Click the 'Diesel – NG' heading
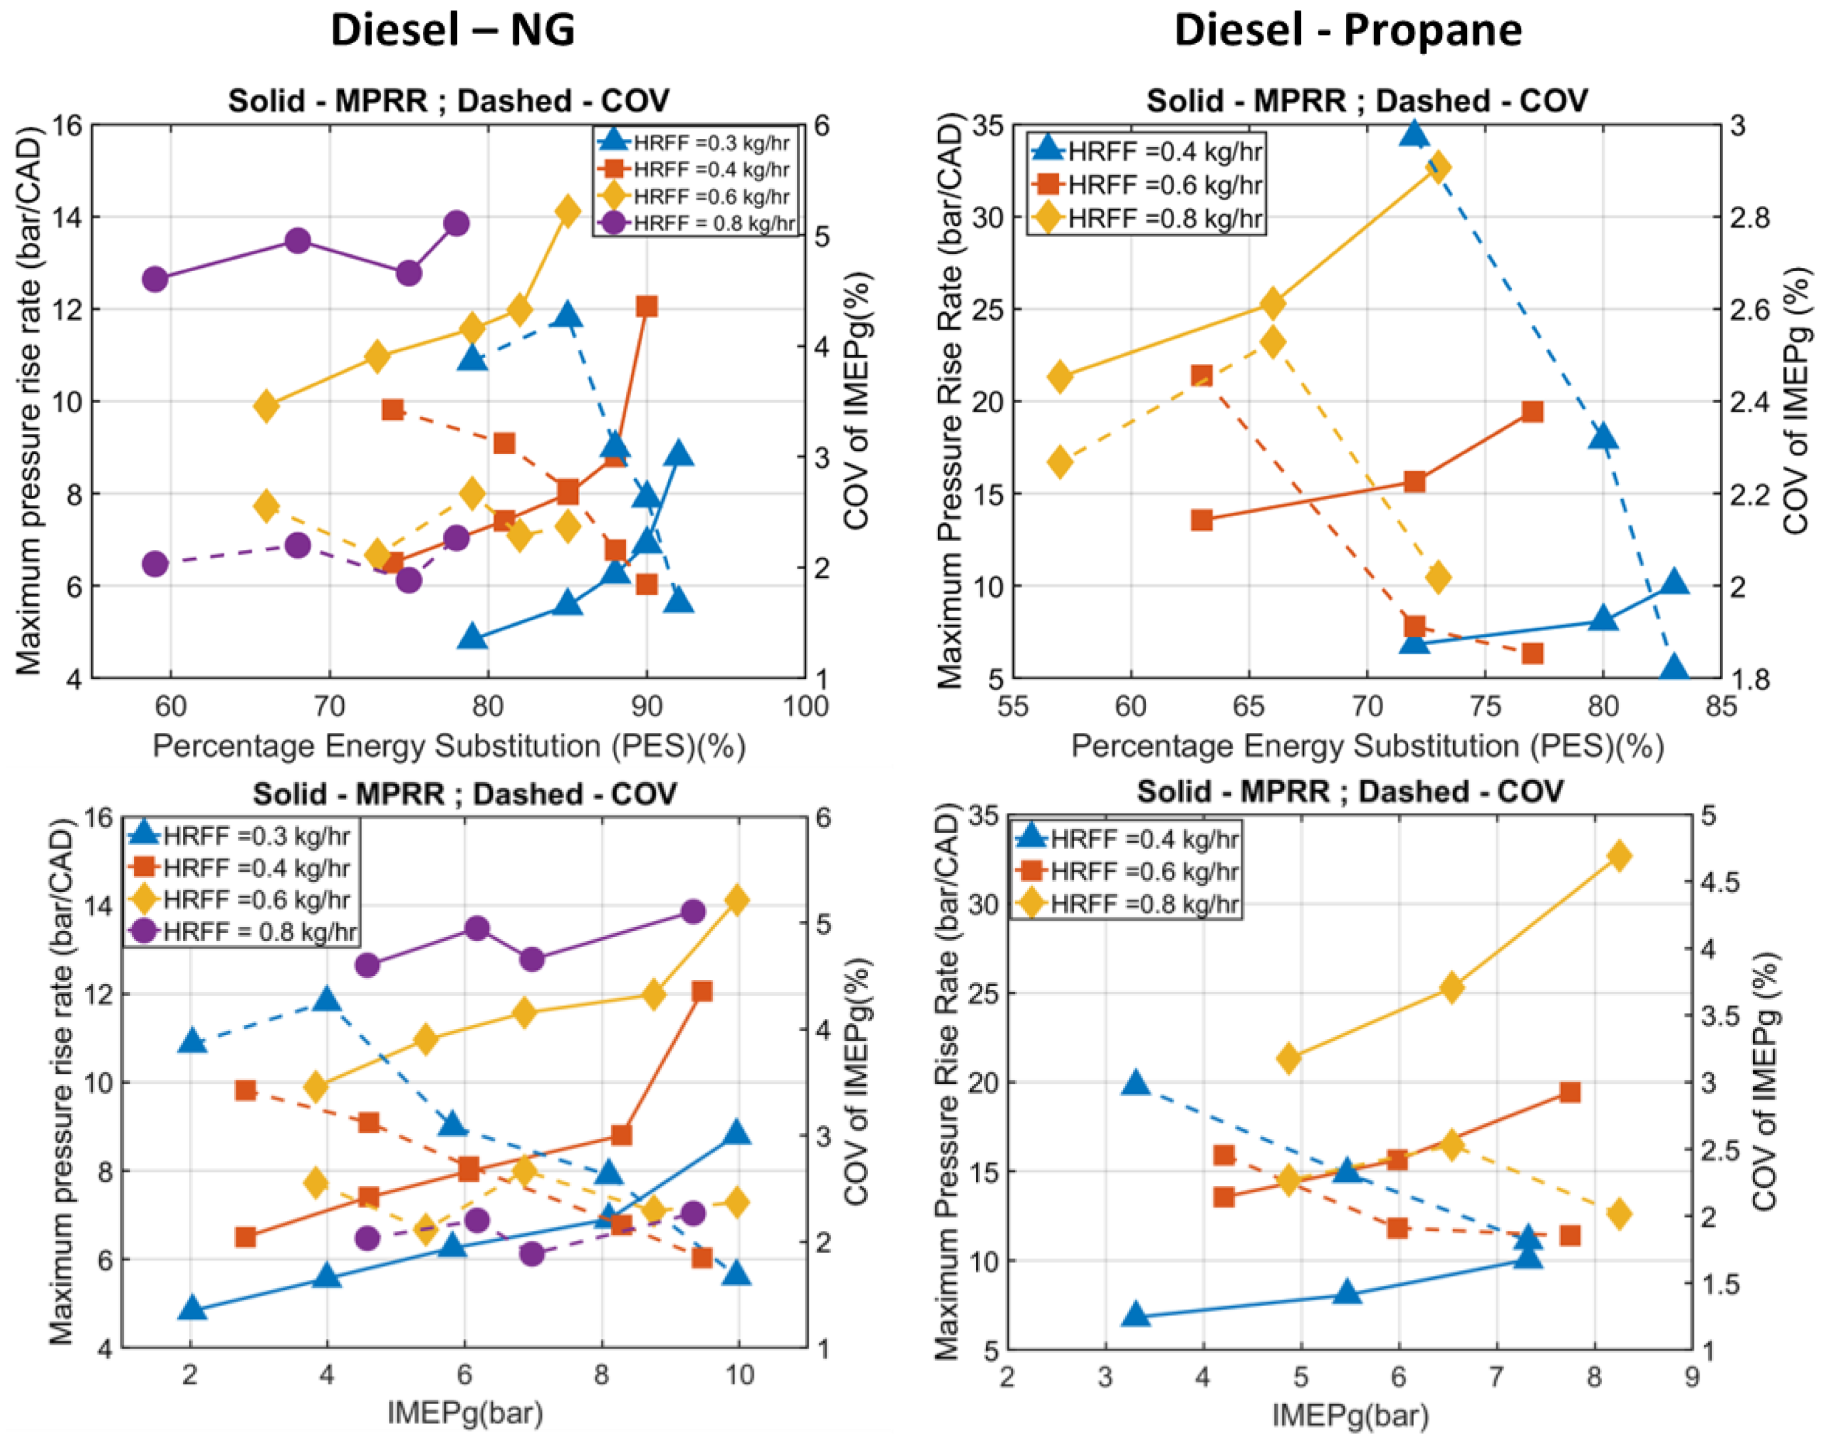coord(452,31)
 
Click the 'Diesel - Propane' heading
coord(1348,31)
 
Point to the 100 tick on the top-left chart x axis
coord(805,706)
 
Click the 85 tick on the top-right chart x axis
coord(1720,706)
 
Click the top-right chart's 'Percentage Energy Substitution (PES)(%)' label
coord(1367,746)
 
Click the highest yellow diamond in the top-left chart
coord(567,211)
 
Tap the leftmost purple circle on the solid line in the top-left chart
coord(154,278)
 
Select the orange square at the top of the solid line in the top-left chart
coord(647,306)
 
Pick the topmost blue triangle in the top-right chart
coord(1415,133)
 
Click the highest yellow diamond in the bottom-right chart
coord(1619,856)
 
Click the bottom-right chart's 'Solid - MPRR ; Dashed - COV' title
coord(1349,792)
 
